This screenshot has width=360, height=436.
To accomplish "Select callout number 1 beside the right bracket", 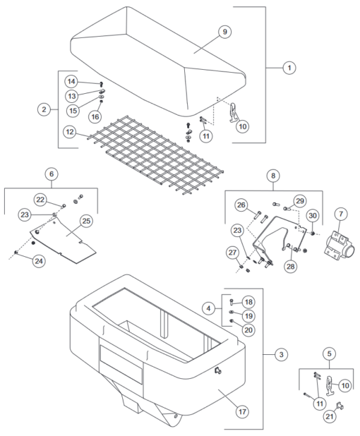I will click(x=289, y=68).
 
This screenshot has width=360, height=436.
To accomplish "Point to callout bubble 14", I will click(x=71, y=81).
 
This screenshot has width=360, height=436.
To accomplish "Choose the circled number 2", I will click(x=44, y=109).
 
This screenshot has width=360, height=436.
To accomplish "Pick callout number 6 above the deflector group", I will click(x=50, y=173).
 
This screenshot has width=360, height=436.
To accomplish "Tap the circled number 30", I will click(x=312, y=215).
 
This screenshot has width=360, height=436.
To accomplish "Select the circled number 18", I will click(x=248, y=301).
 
